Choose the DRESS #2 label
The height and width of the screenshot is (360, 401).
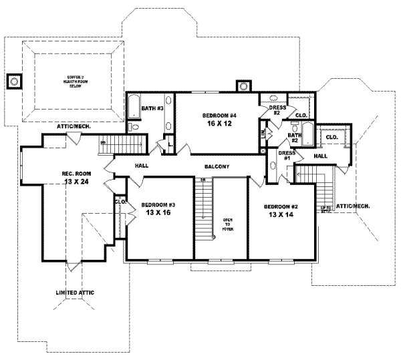(275, 110)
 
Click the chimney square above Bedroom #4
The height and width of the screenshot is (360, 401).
(242, 85)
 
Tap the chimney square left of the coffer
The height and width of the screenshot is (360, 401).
(13, 82)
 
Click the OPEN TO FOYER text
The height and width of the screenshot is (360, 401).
(227, 225)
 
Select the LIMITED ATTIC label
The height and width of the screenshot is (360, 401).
(73, 293)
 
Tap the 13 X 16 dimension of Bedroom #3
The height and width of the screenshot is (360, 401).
(158, 212)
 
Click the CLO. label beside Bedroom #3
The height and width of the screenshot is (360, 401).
(120, 201)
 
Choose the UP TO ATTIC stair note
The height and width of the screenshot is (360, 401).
(326, 209)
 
